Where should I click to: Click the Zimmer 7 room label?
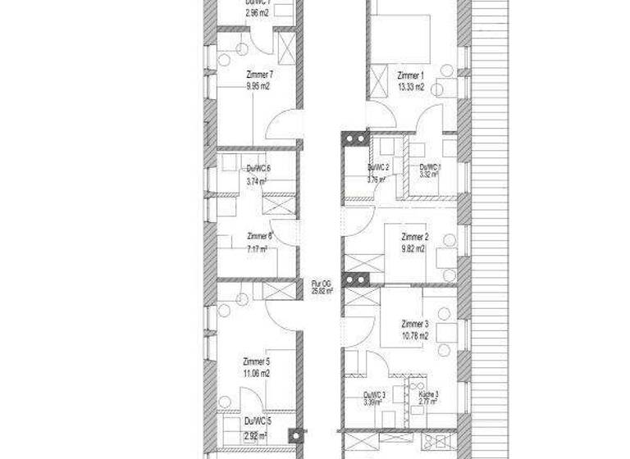(x=259, y=74)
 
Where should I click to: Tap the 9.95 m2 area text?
(x=259, y=84)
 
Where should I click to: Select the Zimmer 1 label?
(x=410, y=76)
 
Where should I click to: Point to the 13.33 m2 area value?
(x=410, y=87)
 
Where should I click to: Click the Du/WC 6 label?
(x=258, y=170)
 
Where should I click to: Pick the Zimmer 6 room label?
(x=258, y=236)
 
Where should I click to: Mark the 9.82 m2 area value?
(x=414, y=248)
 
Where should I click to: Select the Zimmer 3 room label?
(x=415, y=324)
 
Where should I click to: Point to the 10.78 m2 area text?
(x=415, y=335)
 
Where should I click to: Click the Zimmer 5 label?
(x=257, y=361)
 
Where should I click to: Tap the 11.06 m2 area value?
(x=257, y=372)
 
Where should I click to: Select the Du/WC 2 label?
(x=377, y=166)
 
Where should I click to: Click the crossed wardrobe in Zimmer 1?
(x=381, y=80)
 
